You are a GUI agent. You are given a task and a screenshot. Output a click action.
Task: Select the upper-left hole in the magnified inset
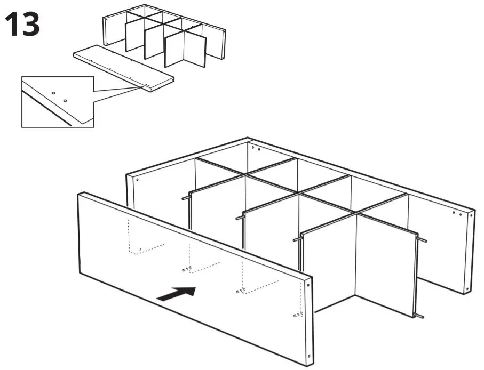pos(53,93)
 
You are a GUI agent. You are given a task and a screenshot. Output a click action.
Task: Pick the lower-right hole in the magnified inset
pos(65,100)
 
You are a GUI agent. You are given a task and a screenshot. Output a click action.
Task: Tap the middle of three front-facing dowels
pos(240,218)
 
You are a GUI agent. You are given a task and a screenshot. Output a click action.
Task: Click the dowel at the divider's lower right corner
pos(420,317)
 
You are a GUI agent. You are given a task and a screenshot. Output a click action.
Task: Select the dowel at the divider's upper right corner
pos(422,240)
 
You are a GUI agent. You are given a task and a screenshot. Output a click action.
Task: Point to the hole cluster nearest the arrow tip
pos(187,268)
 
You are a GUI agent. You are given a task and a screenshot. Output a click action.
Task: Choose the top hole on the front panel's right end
pos(309,285)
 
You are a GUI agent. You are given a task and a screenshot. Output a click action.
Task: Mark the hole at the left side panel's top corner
pos(137,180)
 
